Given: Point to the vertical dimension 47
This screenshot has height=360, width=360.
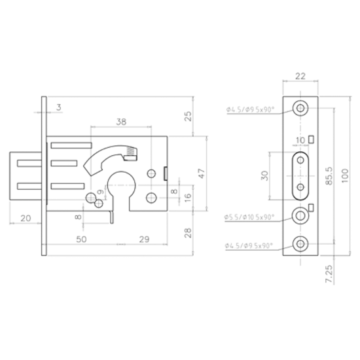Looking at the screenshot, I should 202,173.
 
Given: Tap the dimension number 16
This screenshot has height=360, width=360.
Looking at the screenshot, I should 187,196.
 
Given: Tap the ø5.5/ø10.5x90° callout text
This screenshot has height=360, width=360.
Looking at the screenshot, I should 248,216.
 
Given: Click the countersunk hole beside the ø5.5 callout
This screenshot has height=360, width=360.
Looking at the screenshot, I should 300,215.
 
